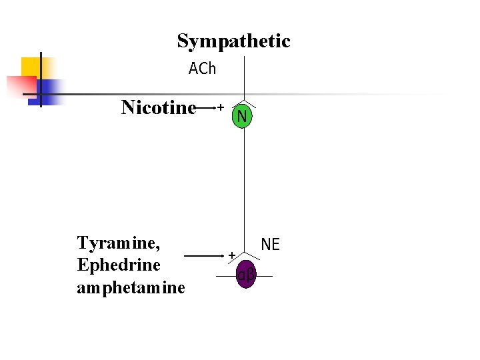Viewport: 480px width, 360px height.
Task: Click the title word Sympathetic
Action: tap(233, 41)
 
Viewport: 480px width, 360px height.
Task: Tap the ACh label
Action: tap(202, 69)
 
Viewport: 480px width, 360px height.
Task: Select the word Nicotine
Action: tap(159, 107)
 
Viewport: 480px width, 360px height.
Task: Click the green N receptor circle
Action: tap(242, 117)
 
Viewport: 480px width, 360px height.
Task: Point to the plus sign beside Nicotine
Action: tap(220, 107)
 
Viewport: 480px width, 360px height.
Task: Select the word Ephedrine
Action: tap(119, 265)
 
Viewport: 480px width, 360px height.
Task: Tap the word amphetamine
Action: tap(131, 287)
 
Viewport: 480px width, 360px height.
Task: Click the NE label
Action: tap(270, 245)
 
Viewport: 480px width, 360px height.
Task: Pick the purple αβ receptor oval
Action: tap(246, 275)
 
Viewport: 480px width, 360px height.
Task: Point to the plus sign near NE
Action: tap(232, 255)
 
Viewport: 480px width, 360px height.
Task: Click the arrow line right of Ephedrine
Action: tap(203, 255)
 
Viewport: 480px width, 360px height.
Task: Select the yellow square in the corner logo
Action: tap(32, 67)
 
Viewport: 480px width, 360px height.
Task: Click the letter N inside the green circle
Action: tap(242, 117)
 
